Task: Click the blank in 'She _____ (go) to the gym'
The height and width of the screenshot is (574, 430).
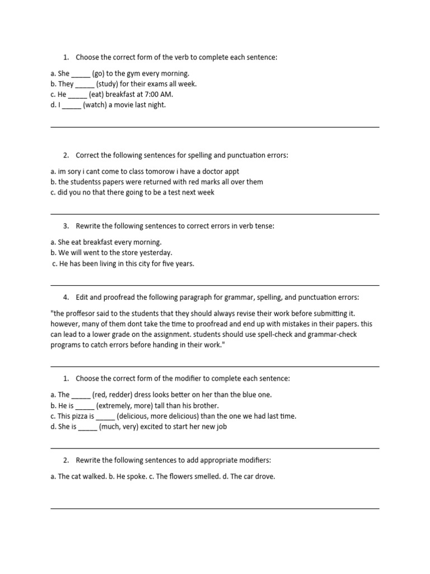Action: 81,74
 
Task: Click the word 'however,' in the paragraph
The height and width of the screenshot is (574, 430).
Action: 64,324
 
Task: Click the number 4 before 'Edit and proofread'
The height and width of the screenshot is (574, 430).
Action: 66,297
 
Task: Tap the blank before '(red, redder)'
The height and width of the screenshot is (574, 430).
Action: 81,395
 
